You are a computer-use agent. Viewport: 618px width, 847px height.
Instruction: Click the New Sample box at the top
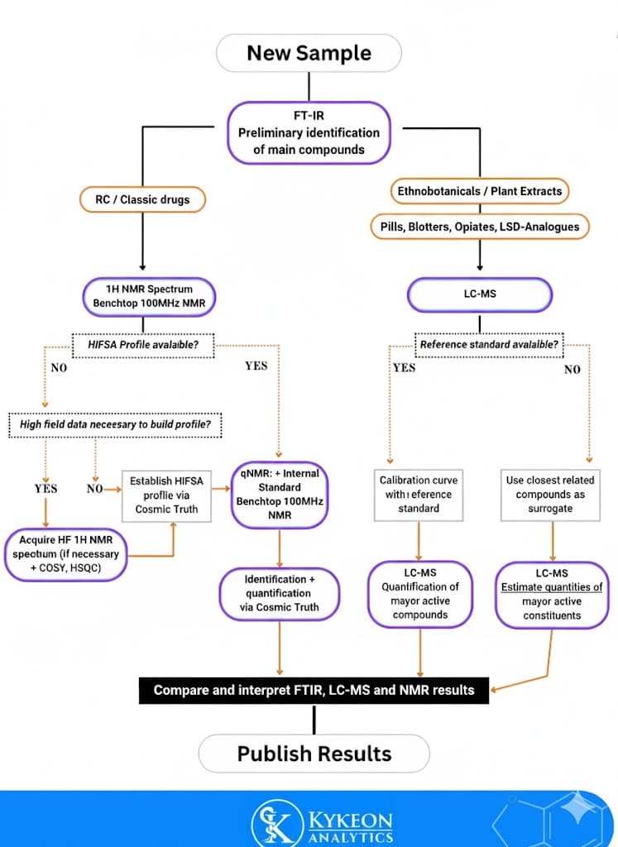pyautogui.click(x=309, y=53)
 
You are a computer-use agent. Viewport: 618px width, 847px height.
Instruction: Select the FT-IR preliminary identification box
pyautogui.click(x=309, y=133)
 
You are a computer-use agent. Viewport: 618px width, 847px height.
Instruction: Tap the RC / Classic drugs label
pyautogui.click(x=142, y=199)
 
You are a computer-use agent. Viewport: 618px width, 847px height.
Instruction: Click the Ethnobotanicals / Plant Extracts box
pyautogui.click(x=479, y=191)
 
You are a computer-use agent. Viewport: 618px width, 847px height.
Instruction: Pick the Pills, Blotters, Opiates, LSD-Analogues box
pyautogui.click(x=479, y=226)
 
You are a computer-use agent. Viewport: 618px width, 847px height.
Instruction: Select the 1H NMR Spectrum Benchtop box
pyautogui.click(x=149, y=296)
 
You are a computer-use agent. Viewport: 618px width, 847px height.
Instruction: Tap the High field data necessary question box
pyautogui.click(x=115, y=425)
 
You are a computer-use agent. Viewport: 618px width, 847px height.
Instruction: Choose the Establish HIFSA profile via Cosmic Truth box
pyautogui.click(x=166, y=495)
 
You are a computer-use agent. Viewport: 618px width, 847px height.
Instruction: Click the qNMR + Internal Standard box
pyautogui.click(x=280, y=495)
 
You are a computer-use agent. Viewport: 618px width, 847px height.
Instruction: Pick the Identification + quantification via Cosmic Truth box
pyautogui.click(x=280, y=593)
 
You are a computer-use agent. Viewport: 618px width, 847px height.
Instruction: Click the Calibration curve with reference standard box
pyautogui.click(x=419, y=494)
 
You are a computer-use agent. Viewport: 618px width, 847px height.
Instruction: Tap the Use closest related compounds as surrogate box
pyautogui.click(x=550, y=494)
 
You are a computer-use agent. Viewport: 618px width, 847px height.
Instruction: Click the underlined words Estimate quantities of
pyautogui.click(x=552, y=587)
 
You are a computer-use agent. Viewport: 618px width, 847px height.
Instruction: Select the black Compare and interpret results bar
pyautogui.click(x=314, y=689)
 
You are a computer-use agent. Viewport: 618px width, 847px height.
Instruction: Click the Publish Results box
pyautogui.click(x=314, y=754)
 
